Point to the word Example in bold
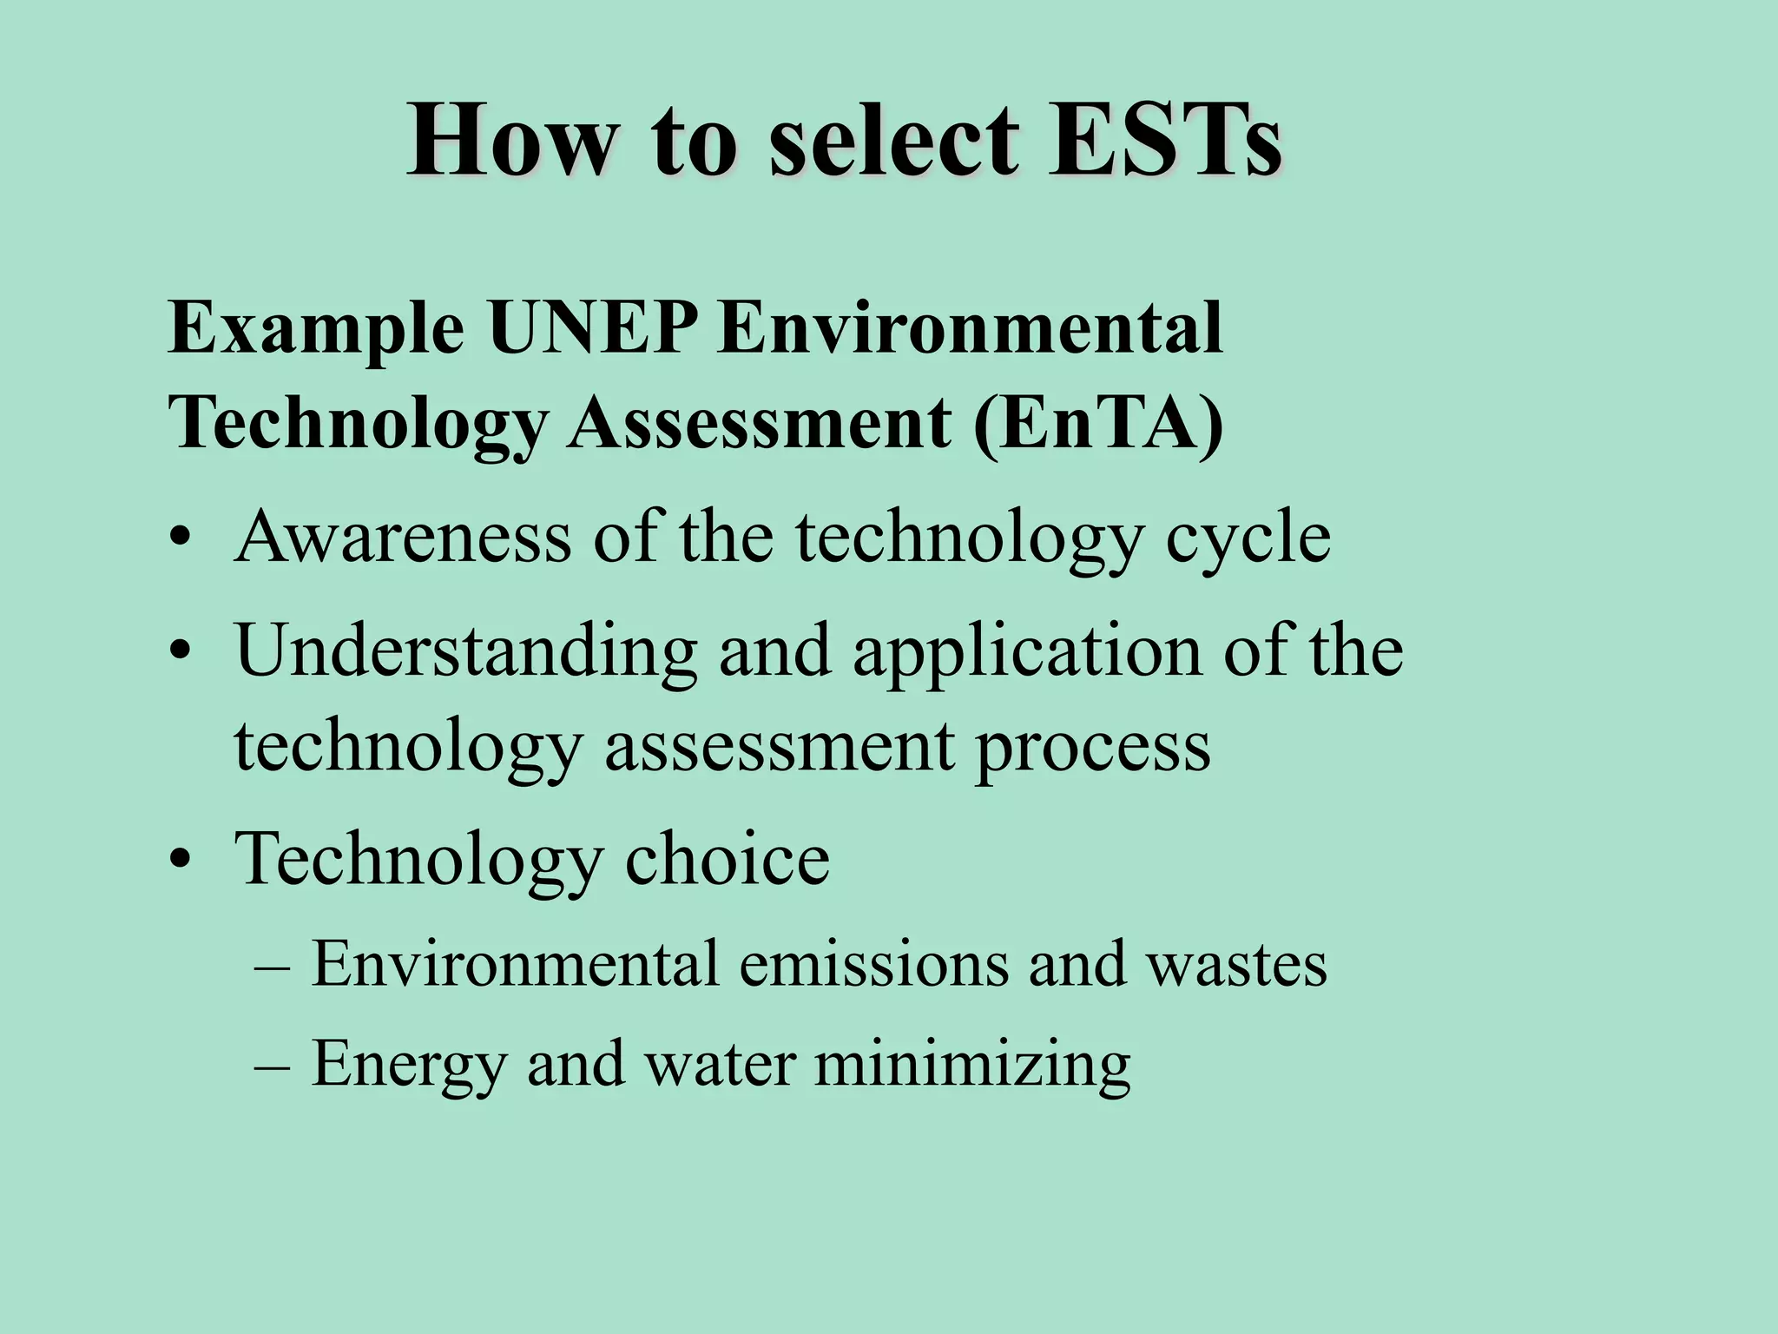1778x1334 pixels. click(x=316, y=330)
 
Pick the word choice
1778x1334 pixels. click(x=728, y=859)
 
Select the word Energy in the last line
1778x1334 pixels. click(x=409, y=1065)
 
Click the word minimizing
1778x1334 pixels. click(x=972, y=1065)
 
